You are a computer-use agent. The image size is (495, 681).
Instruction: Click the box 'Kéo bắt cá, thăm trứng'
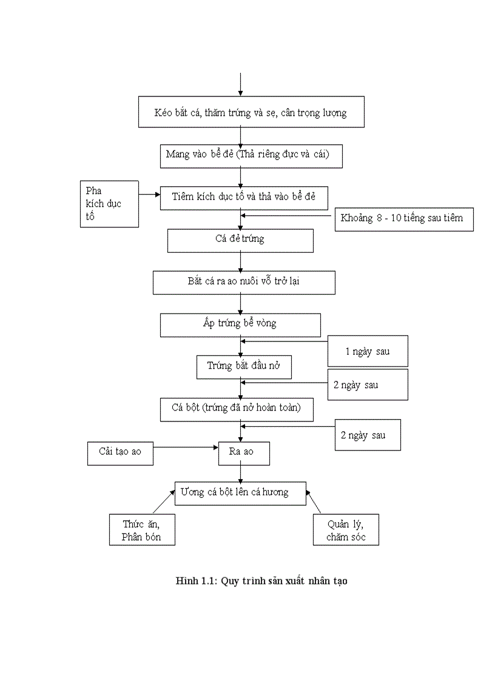pyautogui.click(x=251, y=112)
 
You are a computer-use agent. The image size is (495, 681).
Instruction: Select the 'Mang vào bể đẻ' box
pyautogui.click(x=251, y=155)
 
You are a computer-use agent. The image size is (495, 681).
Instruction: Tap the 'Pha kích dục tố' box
pyautogui.click(x=109, y=204)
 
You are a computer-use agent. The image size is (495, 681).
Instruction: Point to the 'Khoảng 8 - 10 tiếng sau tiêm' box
pyautogui.click(x=403, y=218)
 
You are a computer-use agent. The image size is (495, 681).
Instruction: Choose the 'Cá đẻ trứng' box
pyautogui.click(x=240, y=240)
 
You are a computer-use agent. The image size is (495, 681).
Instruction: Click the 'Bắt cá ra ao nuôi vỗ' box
pyautogui.click(x=244, y=283)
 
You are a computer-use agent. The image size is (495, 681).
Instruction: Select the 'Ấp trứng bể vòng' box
pyautogui.click(x=240, y=324)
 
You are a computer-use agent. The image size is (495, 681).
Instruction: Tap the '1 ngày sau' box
pyautogui.click(x=368, y=351)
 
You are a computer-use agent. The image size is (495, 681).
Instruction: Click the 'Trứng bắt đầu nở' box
pyautogui.click(x=244, y=367)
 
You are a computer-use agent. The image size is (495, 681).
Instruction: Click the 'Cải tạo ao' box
pyautogui.click(x=120, y=453)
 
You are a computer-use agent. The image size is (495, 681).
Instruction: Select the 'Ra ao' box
pyautogui.click(x=244, y=453)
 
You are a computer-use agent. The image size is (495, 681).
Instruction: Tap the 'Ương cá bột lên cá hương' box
pyautogui.click(x=240, y=493)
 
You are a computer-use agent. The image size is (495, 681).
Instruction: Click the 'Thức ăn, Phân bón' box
pyautogui.click(x=142, y=531)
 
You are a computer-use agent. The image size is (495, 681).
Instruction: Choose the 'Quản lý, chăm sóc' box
pyautogui.click(x=346, y=531)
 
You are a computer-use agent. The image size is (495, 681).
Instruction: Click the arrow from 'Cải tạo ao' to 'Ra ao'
pyautogui.click(x=186, y=448)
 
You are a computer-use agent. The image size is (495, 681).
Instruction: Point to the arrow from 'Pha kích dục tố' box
pyautogui.click(x=149, y=195)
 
